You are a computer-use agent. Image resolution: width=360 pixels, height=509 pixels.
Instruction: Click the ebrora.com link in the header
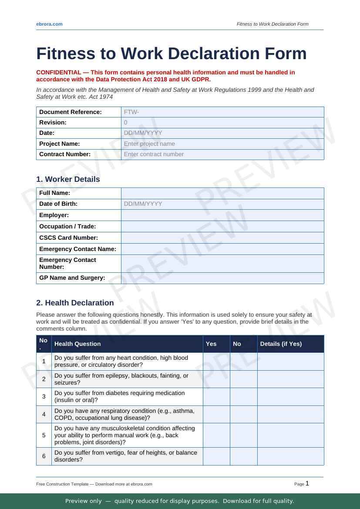point(49,24)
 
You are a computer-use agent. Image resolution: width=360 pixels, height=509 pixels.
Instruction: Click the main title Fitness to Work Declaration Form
point(172,54)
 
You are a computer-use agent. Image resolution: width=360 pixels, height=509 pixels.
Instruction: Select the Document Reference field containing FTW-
point(222,112)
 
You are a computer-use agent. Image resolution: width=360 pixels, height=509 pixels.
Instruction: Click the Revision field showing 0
point(222,123)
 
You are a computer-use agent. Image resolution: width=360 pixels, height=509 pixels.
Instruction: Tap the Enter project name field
point(222,144)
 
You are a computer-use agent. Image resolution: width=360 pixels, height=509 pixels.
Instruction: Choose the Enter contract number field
point(222,154)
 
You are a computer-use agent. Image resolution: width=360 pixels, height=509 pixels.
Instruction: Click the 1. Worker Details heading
point(68,179)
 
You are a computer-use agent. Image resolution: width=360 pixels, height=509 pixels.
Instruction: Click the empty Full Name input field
point(222,193)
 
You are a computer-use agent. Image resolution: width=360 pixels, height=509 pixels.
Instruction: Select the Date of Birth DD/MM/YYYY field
point(222,204)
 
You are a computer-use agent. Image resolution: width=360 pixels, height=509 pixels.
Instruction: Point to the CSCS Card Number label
point(68,238)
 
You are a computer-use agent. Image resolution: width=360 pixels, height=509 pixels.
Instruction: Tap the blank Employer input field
point(222,215)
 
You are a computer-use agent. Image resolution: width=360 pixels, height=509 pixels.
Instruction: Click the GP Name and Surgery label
point(72,278)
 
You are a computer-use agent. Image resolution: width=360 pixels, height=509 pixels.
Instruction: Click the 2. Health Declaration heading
point(75,303)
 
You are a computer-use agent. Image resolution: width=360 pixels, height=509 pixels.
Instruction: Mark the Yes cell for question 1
point(216,361)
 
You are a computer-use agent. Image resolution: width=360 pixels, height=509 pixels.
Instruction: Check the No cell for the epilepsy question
point(243,379)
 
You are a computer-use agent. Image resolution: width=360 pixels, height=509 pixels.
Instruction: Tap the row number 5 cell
point(44,435)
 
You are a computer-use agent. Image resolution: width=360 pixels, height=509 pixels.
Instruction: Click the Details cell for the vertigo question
point(290,456)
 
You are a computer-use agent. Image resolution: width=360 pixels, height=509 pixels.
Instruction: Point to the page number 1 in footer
point(307,483)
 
